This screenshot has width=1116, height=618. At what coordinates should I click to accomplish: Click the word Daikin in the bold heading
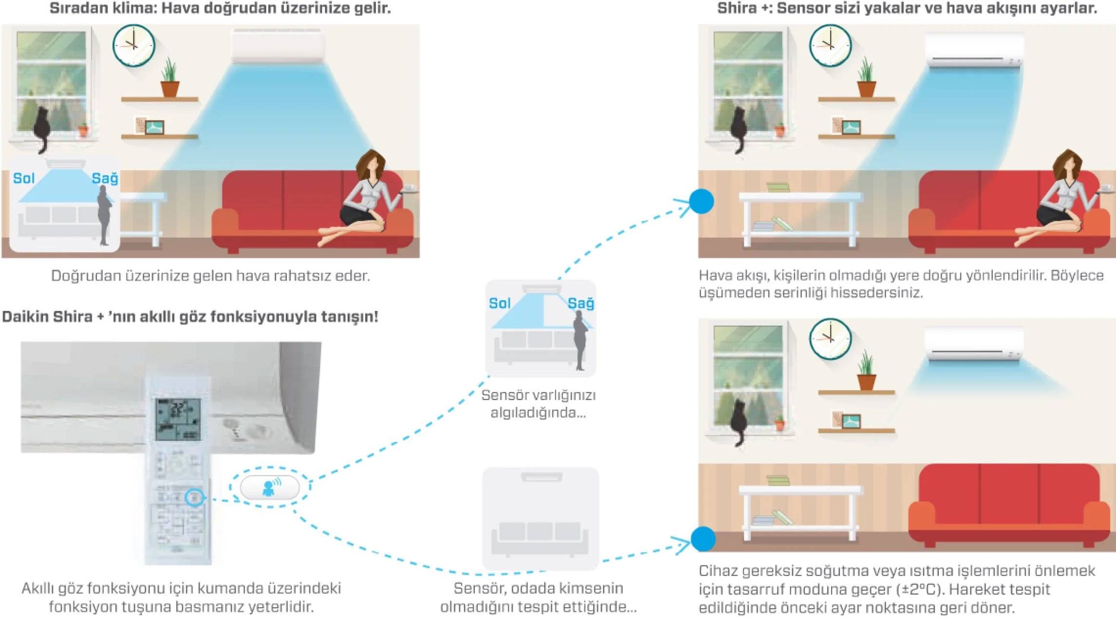(x=24, y=317)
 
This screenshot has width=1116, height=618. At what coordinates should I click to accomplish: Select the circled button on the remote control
(x=195, y=497)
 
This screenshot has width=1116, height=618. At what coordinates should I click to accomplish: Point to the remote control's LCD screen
(x=178, y=419)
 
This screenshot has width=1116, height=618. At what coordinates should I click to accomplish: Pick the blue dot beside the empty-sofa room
(x=703, y=539)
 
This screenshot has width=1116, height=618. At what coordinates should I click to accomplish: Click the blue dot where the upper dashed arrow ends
(x=702, y=201)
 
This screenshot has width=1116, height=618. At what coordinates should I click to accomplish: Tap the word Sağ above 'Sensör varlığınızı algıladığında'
(x=580, y=304)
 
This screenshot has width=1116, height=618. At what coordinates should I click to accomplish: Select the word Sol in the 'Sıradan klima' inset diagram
(x=23, y=179)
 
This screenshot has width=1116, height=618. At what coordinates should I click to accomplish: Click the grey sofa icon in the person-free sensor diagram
(x=539, y=538)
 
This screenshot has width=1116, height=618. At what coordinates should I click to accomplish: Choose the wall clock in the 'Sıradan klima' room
(x=134, y=45)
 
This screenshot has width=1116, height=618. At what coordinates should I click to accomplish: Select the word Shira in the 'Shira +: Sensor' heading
(x=736, y=8)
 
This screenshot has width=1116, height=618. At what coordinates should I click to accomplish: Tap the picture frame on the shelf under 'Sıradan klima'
(x=154, y=127)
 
